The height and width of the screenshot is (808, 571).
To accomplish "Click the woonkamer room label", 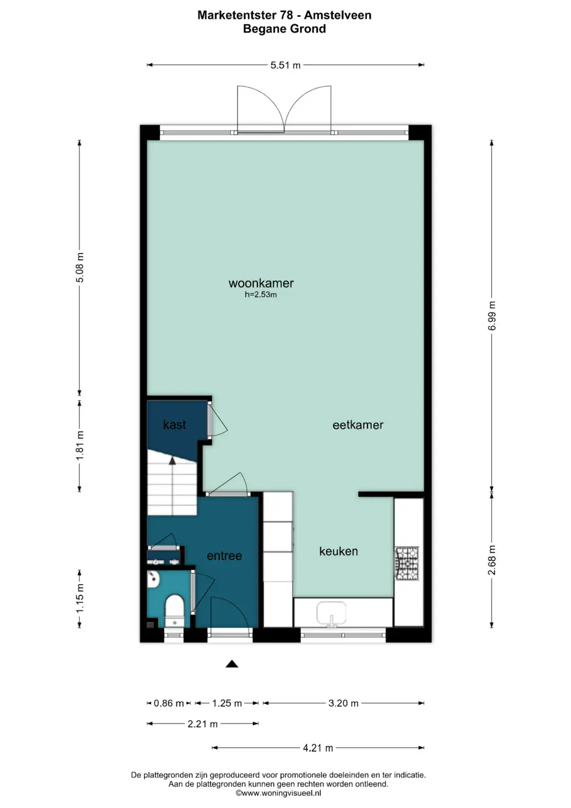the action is pyautogui.click(x=261, y=283).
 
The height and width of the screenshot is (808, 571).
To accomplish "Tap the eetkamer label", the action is pyautogui.click(x=357, y=425).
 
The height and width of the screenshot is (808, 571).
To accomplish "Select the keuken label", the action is pyautogui.click(x=338, y=551).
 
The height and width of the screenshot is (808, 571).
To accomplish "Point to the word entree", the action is pyautogui.click(x=224, y=556).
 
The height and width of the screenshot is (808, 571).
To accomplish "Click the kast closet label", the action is pyautogui.click(x=174, y=424).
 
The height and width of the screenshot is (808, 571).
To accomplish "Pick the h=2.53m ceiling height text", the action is pyautogui.click(x=261, y=295).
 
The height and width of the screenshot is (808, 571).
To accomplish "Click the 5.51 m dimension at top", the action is pyautogui.click(x=285, y=65).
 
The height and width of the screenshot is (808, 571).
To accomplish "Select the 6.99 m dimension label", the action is pyautogui.click(x=492, y=315).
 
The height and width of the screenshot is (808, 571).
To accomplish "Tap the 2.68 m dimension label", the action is pyautogui.click(x=492, y=560).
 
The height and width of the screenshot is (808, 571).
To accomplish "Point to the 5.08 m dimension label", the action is pyautogui.click(x=80, y=267).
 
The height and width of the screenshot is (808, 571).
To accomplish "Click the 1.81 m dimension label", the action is pyautogui.click(x=80, y=445).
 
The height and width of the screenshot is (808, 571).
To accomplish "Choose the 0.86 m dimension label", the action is pyautogui.click(x=169, y=703).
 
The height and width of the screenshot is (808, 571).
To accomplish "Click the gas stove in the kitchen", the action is pyautogui.click(x=407, y=564).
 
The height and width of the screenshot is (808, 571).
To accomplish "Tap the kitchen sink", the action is pyautogui.click(x=331, y=613).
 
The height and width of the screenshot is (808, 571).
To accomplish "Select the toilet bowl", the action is pyautogui.click(x=175, y=612).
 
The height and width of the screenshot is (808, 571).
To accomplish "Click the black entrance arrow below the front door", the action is pyautogui.click(x=232, y=664).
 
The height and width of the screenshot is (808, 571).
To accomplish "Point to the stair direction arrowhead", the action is pyautogui.click(x=172, y=460).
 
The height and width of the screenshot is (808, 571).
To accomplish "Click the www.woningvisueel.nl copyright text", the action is pyautogui.click(x=278, y=793).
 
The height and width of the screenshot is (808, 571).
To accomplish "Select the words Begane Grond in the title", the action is pyautogui.click(x=284, y=29).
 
